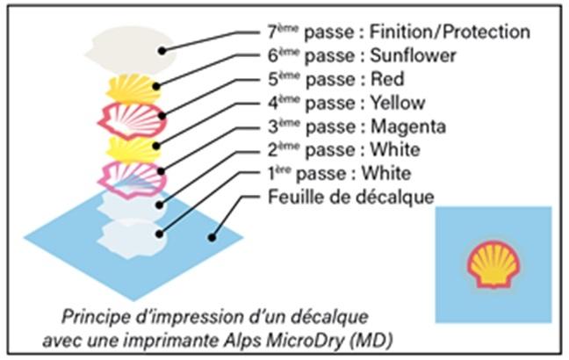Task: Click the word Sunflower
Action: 413,55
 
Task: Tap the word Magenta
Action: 408,126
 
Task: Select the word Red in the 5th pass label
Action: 387,79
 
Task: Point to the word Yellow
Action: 398,103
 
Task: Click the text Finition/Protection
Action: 450,32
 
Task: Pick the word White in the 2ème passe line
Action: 395,150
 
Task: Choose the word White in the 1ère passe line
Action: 386,174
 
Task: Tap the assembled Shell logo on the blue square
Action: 493,263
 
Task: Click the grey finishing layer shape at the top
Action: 131,50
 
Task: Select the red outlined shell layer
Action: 132,121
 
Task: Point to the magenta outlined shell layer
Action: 132,180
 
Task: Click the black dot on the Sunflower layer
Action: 156,87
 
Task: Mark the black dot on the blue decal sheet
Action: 212,238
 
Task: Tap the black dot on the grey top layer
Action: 162,51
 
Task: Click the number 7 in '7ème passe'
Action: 273,32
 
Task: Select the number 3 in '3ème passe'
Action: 273,127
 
